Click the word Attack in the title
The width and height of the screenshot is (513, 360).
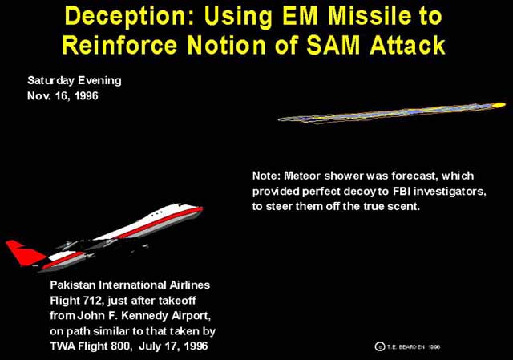point(408,45)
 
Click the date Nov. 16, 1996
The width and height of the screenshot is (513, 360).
point(63,95)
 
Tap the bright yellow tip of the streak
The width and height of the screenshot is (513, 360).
point(499,105)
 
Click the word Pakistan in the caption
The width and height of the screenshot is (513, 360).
point(73,285)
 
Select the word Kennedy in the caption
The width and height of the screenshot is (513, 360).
point(149,316)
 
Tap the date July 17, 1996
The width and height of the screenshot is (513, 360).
point(173,346)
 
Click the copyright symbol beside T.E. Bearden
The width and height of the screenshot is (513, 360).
point(379,346)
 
